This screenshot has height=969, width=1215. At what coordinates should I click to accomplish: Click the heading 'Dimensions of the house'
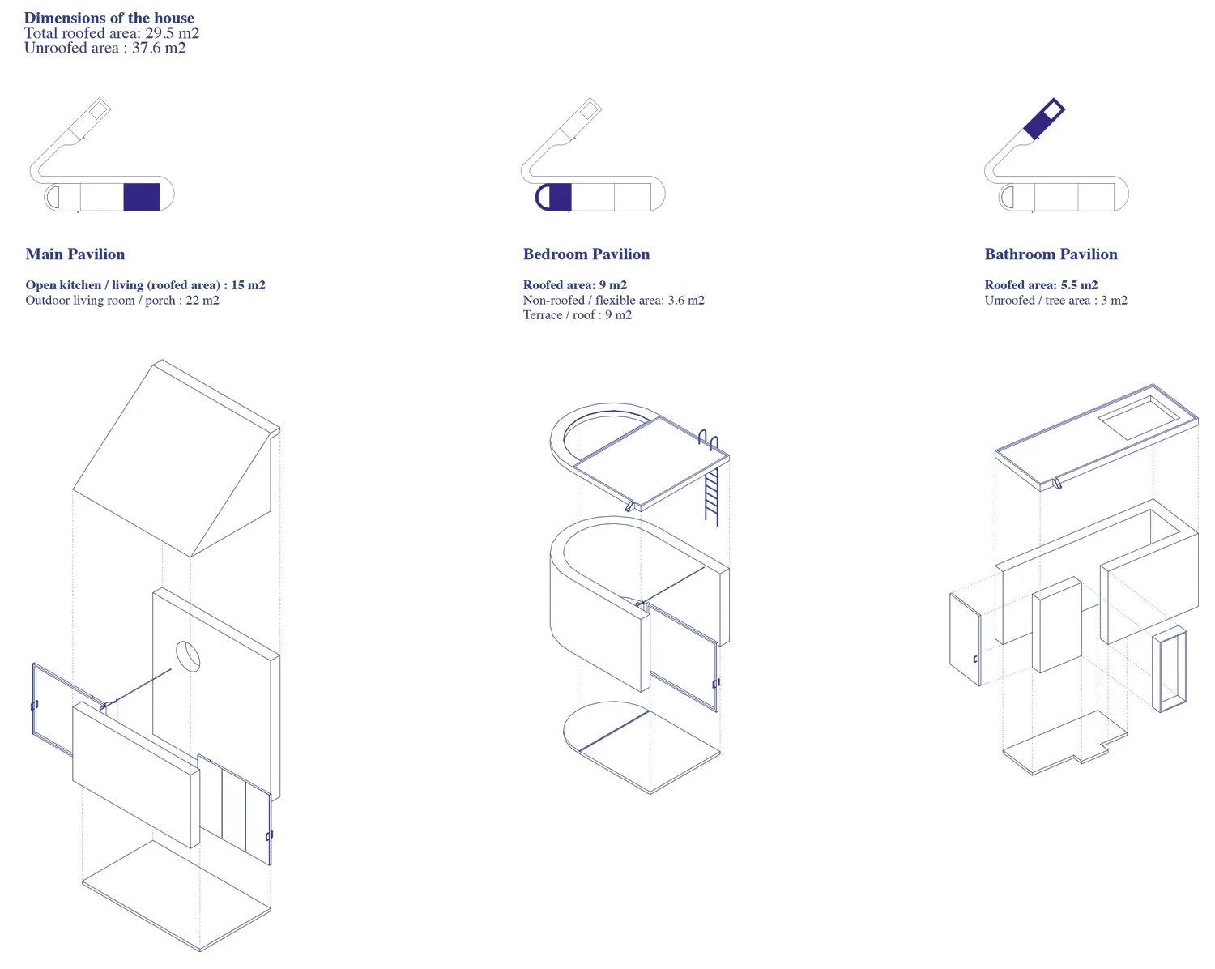[x=109, y=18]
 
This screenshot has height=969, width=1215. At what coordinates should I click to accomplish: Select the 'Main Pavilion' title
[x=75, y=254]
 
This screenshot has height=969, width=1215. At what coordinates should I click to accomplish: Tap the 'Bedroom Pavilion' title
[x=586, y=254]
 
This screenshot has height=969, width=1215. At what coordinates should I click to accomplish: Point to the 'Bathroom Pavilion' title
[x=1051, y=254]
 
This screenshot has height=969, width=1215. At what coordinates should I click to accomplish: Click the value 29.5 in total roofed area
[x=160, y=33]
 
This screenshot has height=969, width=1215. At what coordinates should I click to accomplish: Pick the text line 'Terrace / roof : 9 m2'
[x=577, y=315]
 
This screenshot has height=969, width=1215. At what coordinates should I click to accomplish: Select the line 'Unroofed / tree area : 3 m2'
[x=1055, y=301]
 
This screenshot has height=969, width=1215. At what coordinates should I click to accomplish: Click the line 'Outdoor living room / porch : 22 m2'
[x=122, y=301]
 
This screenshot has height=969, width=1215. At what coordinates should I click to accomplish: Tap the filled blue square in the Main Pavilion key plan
[x=142, y=197]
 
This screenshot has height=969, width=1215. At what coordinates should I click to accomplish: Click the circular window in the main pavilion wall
[x=188, y=656]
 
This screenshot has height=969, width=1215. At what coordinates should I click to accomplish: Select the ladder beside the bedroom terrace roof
[x=711, y=480]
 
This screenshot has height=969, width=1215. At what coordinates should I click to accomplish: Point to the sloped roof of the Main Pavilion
[x=175, y=458]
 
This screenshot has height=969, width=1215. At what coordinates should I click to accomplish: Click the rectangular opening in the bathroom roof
[x=1139, y=418]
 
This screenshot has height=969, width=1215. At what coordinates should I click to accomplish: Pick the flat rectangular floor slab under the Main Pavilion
[x=176, y=895]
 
